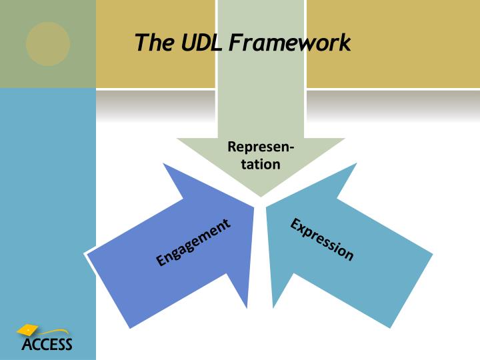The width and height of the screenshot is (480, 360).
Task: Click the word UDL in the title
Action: (x=201, y=43)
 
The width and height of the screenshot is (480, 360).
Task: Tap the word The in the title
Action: (x=154, y=43)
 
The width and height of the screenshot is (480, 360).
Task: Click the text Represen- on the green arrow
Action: (x=261, y=147)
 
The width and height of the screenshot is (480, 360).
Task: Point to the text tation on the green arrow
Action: (x=261, y=163)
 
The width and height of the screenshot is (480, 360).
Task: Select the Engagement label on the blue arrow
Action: (x=193, y=242)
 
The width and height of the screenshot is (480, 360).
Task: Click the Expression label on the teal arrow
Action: (x=322, y=239)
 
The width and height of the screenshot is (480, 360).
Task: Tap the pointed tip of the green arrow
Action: (x=261, y=195)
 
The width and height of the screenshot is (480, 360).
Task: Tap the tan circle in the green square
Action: (x=48, y=44)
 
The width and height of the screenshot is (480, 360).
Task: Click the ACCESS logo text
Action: (x=47, y=345)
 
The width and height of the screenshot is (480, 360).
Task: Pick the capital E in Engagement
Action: (x=161, y=261)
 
